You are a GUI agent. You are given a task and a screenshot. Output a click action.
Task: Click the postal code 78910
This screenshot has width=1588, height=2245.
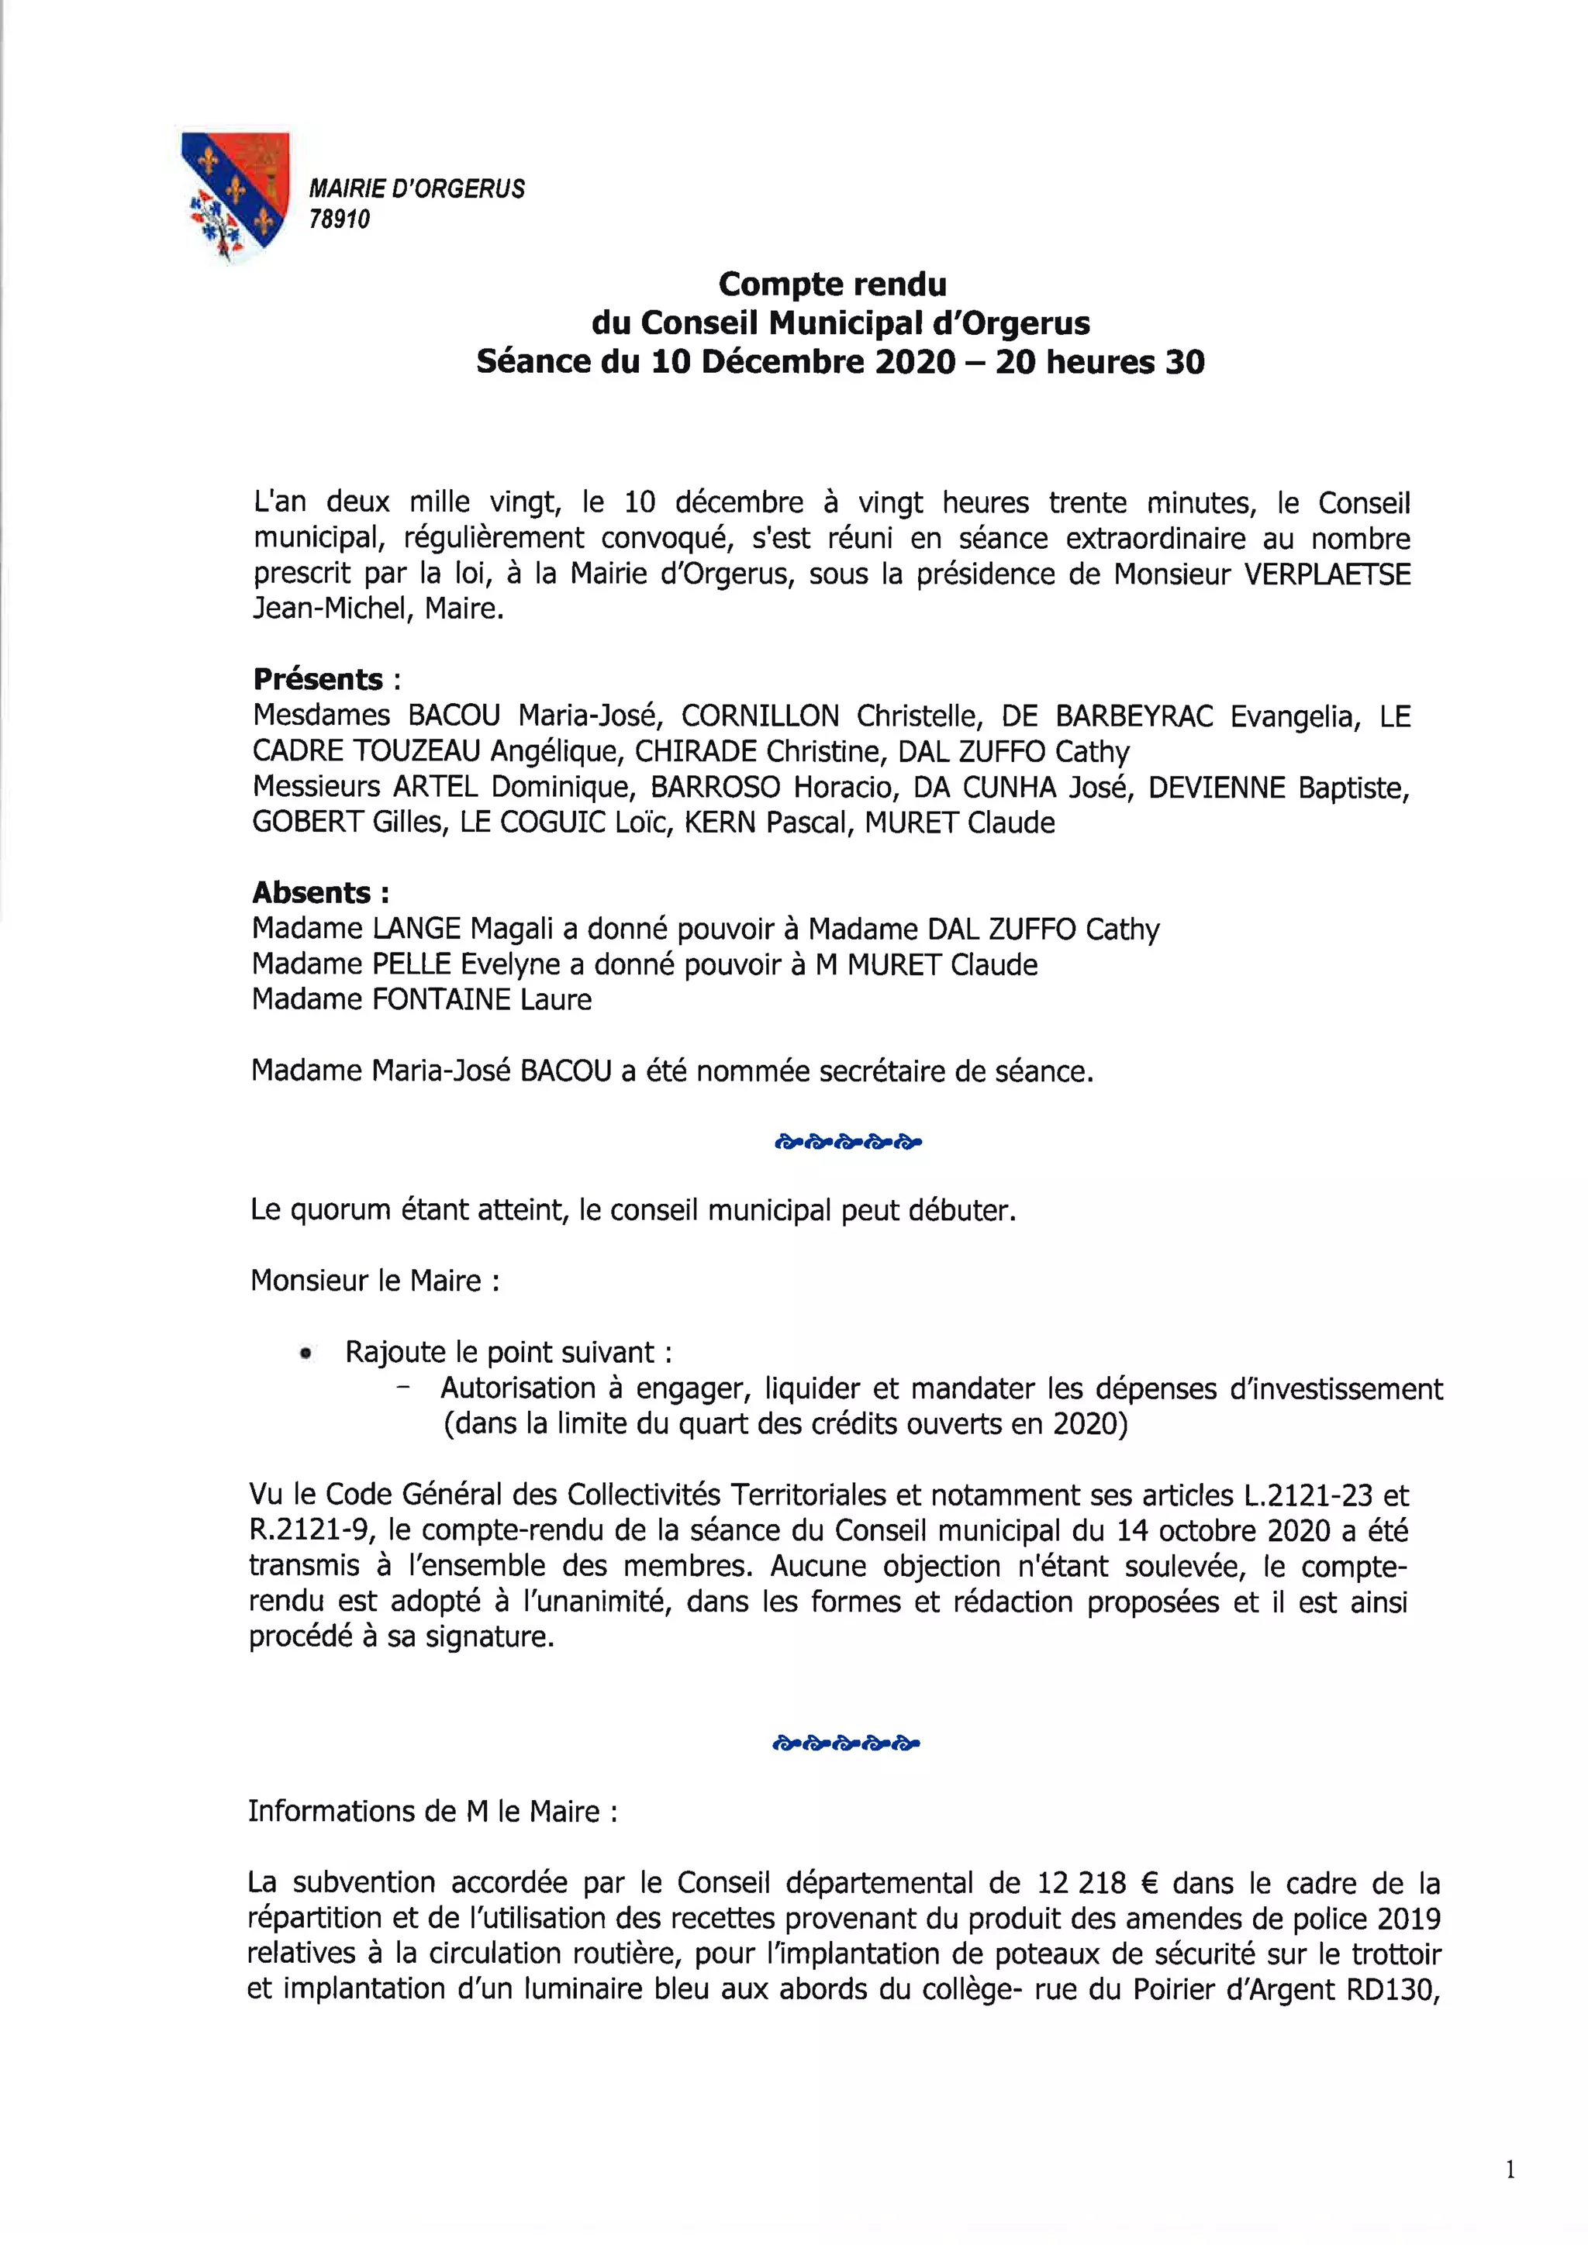pos(340,220)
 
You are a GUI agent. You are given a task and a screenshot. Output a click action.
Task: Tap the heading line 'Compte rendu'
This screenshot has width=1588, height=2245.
pos(832,285)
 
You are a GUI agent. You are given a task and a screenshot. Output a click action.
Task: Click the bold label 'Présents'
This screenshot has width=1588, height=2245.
pos(318,680)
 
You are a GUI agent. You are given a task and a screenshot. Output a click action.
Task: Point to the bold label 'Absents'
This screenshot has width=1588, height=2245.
pos(312,893)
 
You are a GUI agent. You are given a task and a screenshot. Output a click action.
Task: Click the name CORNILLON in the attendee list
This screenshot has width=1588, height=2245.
pos(760,717)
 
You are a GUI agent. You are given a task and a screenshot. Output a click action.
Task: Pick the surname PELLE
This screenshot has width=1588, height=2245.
pos(412,965)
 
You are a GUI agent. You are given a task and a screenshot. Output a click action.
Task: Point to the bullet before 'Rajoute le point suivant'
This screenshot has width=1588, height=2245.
pos(306,1354)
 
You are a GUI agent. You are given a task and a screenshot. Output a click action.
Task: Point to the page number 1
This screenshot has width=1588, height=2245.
pos(1510,2171)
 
